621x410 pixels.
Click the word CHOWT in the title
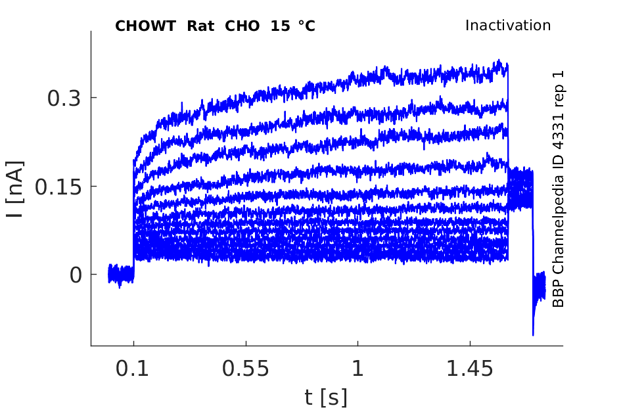(x=146, y=26)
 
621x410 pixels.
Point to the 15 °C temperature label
(x=292, y=26)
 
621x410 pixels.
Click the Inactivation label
(x=507, y=26)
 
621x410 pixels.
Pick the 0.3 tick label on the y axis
(x=64, y=99)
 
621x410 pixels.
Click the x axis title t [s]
(x=325, y=397)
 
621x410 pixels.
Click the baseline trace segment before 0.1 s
(x=121, y=273)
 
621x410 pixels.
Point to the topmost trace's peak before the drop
(x=501, y=62)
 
